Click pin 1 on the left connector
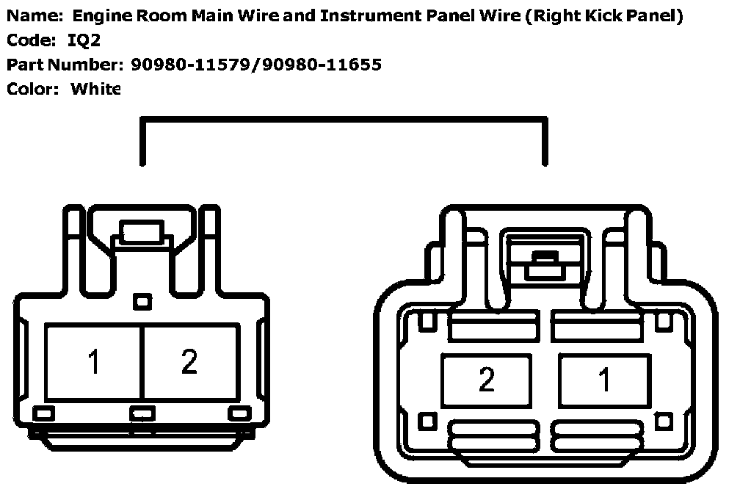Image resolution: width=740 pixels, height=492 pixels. [x=93, y=362]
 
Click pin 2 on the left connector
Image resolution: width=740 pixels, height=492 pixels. [x=189, y=362]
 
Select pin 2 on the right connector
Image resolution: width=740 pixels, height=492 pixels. [x=486, y=380]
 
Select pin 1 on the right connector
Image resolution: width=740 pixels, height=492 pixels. [x=604, y=380]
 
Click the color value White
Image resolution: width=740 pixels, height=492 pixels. [x=95, y=89]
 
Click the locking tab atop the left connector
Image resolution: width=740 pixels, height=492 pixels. [x=143, y=234]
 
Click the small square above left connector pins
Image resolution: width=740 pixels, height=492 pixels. [x=142, y=300]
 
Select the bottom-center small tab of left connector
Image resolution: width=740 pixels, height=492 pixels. [x=142, y=413]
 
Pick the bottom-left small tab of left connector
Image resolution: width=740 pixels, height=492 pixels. [x=44, y=413]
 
